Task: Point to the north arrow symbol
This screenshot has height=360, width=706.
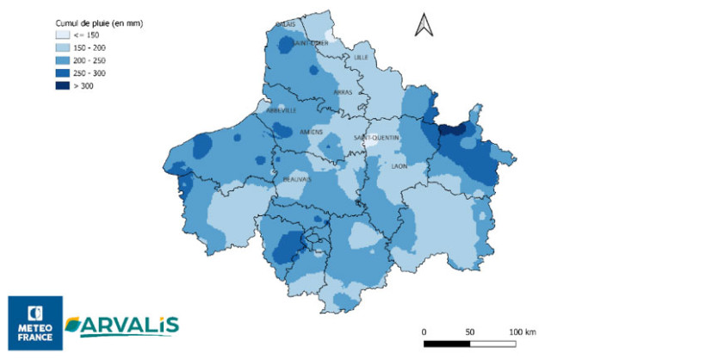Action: [x=423, y=25]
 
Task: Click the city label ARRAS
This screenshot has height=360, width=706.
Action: [x=343, y=92]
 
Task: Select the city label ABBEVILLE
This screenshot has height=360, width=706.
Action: [x=281, y=110]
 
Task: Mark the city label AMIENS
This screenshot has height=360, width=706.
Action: [x=310, y=132]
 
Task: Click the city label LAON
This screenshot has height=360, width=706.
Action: [x=399, y=165]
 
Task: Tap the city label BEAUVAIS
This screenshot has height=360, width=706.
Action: [x=297, y=179]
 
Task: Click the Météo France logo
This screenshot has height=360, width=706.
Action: [x=35, y=323]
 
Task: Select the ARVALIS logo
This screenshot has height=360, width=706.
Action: [x=122, y=324]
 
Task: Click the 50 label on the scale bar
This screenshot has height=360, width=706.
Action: [x=469, y=331]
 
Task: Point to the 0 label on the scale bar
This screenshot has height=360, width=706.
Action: [x=424, y=331]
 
